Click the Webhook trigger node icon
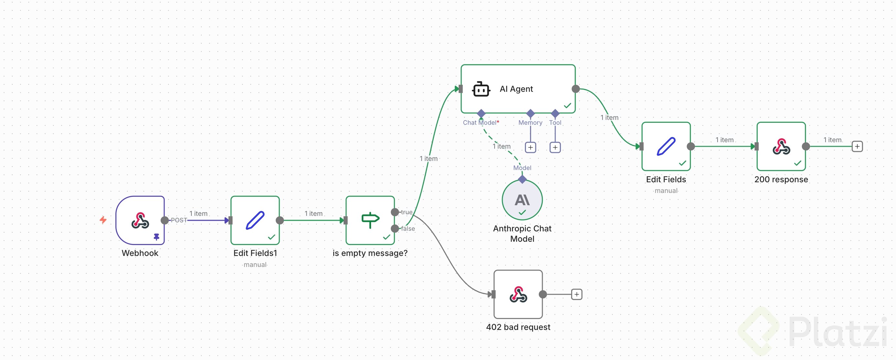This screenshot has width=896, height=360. click(140, 220)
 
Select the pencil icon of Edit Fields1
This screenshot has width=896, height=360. click(255, 220)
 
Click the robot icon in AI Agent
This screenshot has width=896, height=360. click(481, 90)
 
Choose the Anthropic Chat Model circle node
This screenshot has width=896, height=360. click(522, 200)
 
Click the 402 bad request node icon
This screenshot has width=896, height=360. click(518, 294)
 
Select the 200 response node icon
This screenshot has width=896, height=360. click(781, 146)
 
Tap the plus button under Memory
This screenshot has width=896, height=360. click(530, 147)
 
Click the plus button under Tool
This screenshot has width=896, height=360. click(555, 147)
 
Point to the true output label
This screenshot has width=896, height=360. click(407, 212)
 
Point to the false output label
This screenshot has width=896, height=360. click(408, 228)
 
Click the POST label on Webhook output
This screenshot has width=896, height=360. click(179, 220)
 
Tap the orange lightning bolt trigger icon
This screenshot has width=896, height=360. click(103, 220)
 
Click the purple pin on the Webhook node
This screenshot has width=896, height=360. click(156, 237)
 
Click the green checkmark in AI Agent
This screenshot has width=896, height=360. click(567, 105)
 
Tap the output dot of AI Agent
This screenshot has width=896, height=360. click(576, 89)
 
